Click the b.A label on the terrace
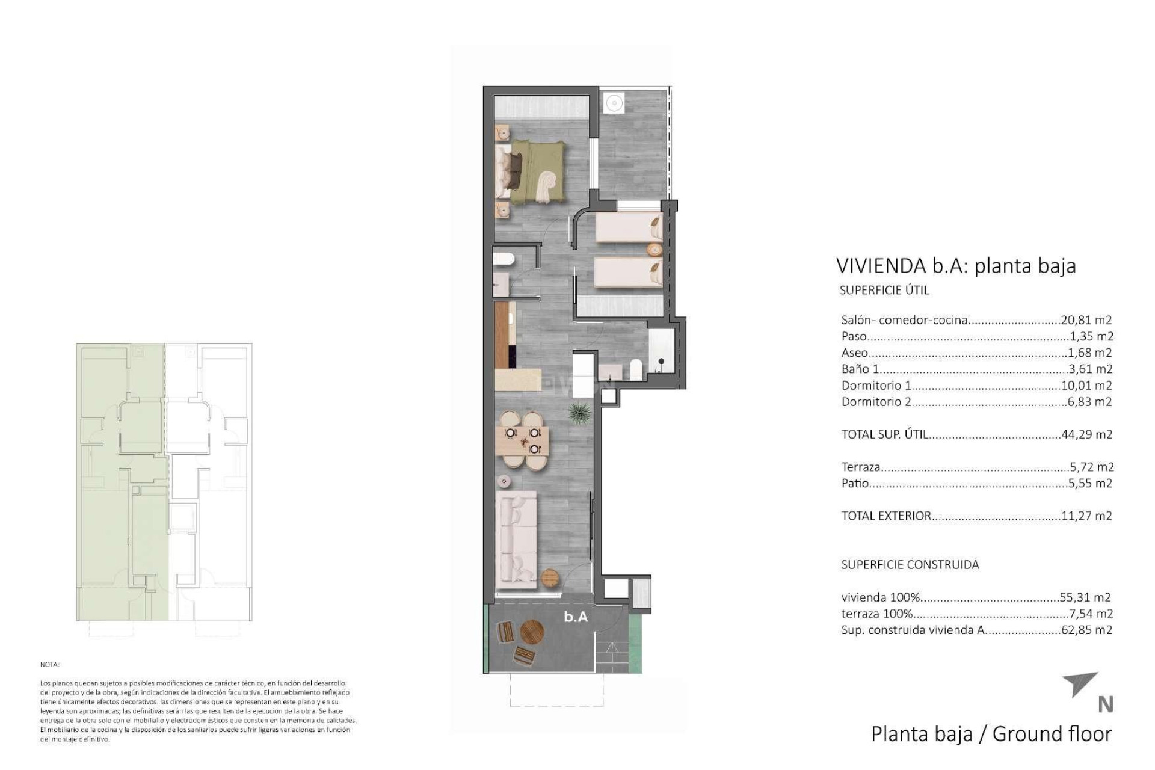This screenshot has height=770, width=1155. pyautogui.click(x=576, y=617)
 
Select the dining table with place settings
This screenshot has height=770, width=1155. pyautogui.click(x=523, y=440)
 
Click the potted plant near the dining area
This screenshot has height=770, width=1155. pyautogui.click(x=579, y=413)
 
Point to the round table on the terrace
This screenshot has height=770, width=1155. pyautogui.click(x=532, y=632)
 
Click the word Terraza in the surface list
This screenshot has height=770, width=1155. pyautogui.click(x=861, y=467)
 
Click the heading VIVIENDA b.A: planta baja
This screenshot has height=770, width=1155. pyautogui.click(x=956, y=266)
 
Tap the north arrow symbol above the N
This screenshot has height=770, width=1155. pyautogui.click(x=1082, y=684)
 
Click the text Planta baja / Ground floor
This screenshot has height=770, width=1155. pyautogui.click(x=991, y=734)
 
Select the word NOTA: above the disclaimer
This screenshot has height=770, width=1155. pyautogui.click(x=50, y=665)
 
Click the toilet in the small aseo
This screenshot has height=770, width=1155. pyautogui.click(x=503, y=259)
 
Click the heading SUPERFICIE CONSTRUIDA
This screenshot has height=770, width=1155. pyautogui.click(x=910, y=565)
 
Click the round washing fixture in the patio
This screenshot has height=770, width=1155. pyautogui.click(x=614, y=102)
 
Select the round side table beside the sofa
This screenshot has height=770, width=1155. pyautogui.click(x=550, y=578)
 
